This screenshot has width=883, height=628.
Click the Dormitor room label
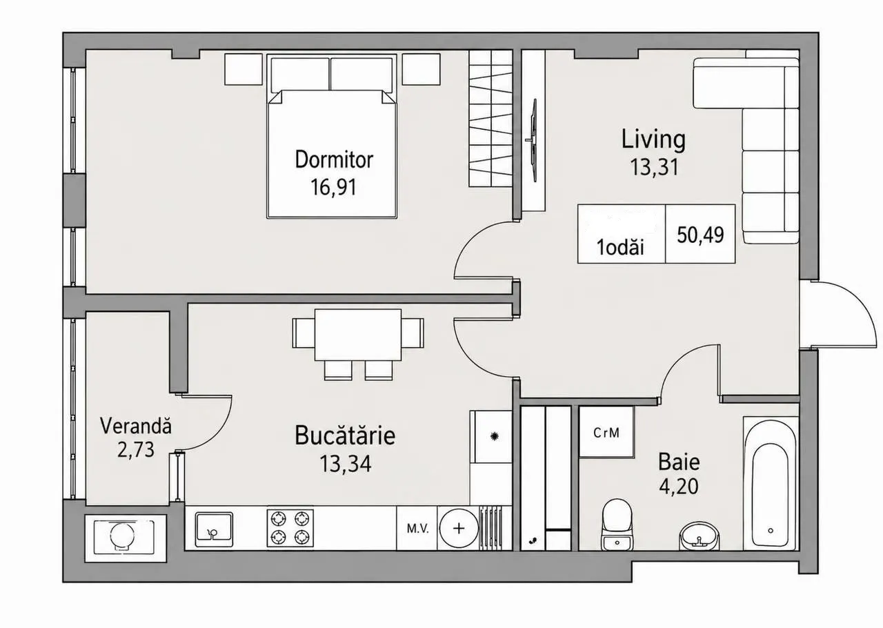click(x=334, y=160)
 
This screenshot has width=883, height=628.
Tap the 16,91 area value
click(x=333, y=187)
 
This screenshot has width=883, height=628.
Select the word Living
click(x=653, y=139)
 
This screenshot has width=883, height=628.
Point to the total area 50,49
click(x=700, y=235)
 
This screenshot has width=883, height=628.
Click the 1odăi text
click(x=620, y=248)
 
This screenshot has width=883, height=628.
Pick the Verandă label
click(x=136, y=426)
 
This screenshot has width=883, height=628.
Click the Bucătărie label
click(x=345, y=435)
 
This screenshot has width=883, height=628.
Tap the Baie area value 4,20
click(x=679, y=487)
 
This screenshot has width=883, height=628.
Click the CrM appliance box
click(x=606, y=432)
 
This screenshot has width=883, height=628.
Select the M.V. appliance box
click(x=417, y=529)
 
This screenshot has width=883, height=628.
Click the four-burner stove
click(x=290, y=528)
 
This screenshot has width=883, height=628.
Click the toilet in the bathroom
click(x=617, y=524)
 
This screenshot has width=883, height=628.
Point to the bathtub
click(x=771, y=483)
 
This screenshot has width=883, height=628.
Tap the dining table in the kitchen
click(x=358, y=335)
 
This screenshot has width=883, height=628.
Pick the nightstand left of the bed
click(x=244, y=70)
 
